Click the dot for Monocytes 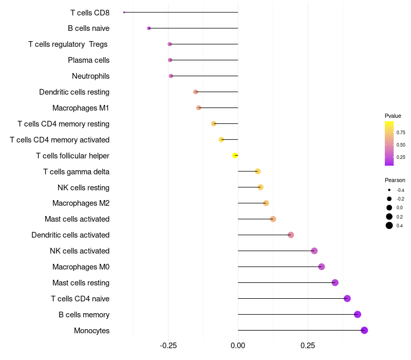(364, 330)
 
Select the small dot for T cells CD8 (124, 12)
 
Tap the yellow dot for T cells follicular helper (235, 156)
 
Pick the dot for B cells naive (149, 28)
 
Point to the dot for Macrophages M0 (322, 267)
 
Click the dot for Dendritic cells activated (291, 235)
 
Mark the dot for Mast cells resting (335, 282)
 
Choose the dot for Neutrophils (171, 76)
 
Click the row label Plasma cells (88, 60)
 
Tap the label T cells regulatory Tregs (68, 44)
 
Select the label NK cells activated (80, 251)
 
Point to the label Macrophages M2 (81, 203)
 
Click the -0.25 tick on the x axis (168, 346)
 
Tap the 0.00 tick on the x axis (238, 346)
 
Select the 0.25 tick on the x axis (308, 346)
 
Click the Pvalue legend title (393, 116)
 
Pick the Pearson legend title (395, 181)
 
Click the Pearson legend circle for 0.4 (389, 225)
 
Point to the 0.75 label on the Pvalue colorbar (401, 133)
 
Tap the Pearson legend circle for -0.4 (389, 190)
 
